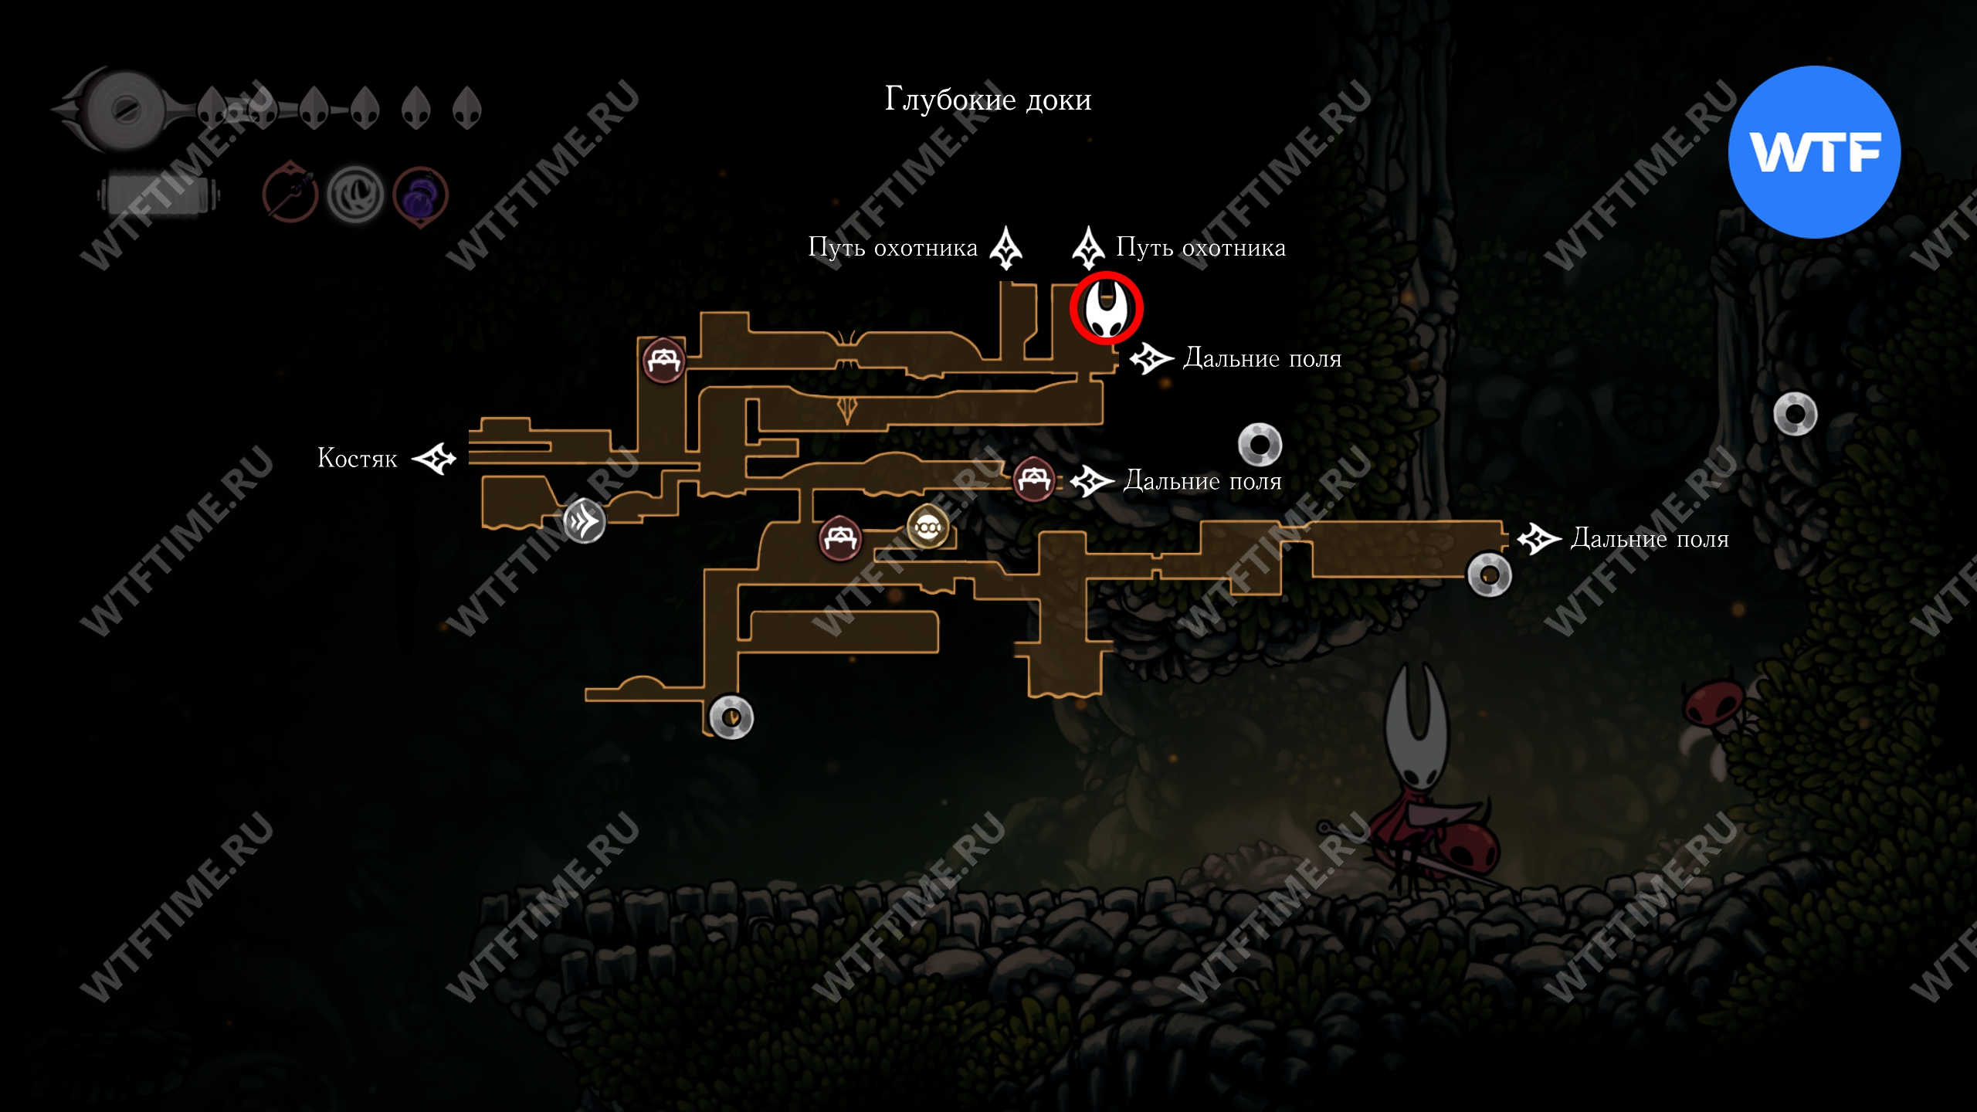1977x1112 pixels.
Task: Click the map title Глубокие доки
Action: (988, 100)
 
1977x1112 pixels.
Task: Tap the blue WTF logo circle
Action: (1814, 152)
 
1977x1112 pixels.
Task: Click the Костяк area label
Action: (358, 459)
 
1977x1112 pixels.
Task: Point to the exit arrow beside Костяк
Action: (434, 459)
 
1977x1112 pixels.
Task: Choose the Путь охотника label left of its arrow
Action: (893, 248)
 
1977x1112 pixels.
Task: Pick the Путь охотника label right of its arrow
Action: (1201, 248)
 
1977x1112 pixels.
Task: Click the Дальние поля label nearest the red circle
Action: (1263, 358)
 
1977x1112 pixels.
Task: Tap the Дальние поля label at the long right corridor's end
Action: (1650, 538)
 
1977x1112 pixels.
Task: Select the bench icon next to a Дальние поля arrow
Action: (1034, 480)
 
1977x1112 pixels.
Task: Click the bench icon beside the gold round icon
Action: (839, 537)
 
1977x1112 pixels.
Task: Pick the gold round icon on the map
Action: (927, 527)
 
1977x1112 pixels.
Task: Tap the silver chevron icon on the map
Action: (585, 521)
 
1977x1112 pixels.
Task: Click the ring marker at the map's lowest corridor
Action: (731, 717)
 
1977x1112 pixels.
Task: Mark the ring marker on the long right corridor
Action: (1489, 575)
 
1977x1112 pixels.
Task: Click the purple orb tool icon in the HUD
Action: (420, 196)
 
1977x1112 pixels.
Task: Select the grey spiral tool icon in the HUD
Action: (355, 196)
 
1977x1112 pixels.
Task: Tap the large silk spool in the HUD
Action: (124, 109)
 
